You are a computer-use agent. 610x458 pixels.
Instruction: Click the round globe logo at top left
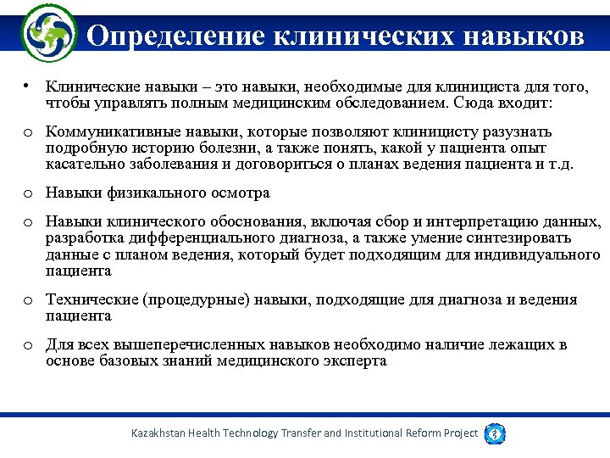48,33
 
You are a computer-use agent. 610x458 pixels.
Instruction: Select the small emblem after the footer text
496,433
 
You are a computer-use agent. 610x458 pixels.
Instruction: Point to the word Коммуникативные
107,132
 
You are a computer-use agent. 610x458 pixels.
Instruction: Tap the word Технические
91,299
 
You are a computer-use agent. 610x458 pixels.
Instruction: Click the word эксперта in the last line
359,361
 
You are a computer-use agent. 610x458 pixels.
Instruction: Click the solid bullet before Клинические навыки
29,87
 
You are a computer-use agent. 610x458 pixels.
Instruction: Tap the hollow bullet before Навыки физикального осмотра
29,194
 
